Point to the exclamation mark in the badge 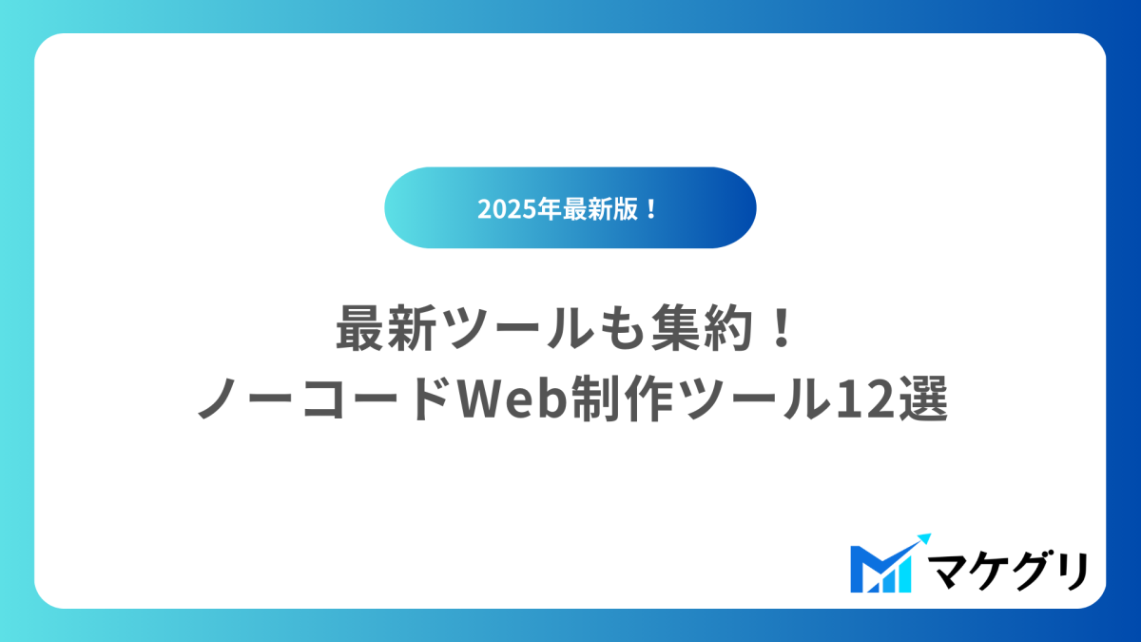pos(651,209)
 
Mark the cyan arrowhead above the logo pos(922,540)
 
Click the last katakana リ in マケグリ pos(1073,570)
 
